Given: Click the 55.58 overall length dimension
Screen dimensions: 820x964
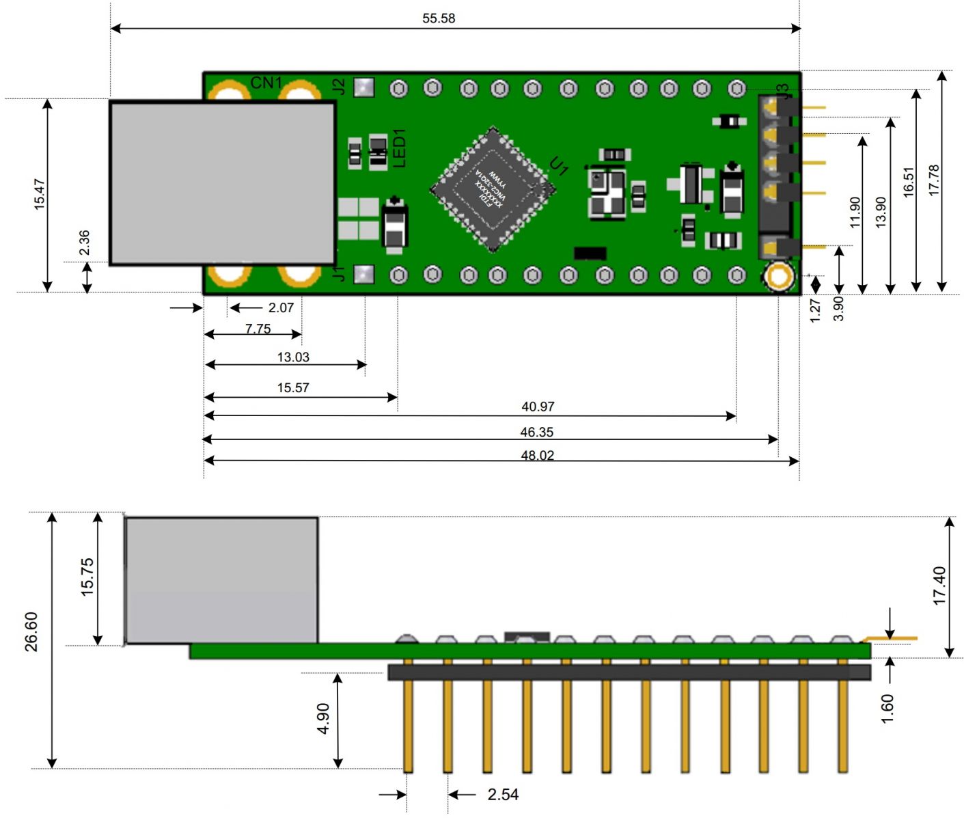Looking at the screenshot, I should click(438, 18).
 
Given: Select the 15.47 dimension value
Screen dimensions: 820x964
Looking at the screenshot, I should click(40, 193).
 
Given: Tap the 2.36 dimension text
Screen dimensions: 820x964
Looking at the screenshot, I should click(84, 243).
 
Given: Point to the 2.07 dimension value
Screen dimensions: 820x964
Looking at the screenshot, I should click(281, 308).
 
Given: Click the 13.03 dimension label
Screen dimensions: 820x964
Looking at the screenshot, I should click(293, 357).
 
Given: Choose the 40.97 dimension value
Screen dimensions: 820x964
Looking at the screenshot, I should click(538, 407).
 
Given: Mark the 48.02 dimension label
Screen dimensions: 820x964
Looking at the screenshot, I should click(538, 456).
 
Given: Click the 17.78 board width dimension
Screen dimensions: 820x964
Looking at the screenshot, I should click(935, 180).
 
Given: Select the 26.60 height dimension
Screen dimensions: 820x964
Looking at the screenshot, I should click(31, 631).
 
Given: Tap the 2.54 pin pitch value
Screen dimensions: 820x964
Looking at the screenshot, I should click(503, 795).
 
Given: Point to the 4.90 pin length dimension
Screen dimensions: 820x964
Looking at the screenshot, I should click(323, 718).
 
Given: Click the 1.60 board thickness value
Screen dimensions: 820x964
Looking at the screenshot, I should click(887, 709).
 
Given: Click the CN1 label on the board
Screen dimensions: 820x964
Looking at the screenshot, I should click(266, 83).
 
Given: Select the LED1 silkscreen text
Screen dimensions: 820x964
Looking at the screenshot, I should click(399, 148).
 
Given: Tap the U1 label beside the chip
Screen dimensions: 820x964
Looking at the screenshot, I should click(559, 166).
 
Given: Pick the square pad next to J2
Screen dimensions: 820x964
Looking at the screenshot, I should click(364, 87).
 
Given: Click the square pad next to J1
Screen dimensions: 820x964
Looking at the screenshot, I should click(364, 275).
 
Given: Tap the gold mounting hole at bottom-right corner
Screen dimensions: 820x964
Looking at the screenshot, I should click(778, 277).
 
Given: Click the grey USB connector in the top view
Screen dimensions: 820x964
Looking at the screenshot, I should click(222, 182).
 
